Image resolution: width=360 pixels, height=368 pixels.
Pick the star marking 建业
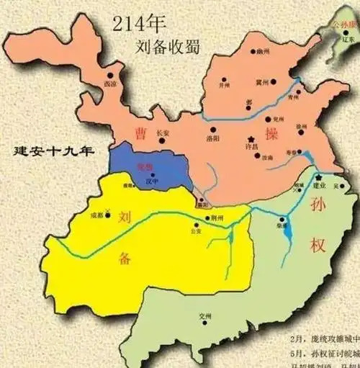[318, 176]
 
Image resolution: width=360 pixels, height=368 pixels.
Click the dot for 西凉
[110, 74]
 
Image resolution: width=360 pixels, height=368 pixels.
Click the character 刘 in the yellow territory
[125, 216]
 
